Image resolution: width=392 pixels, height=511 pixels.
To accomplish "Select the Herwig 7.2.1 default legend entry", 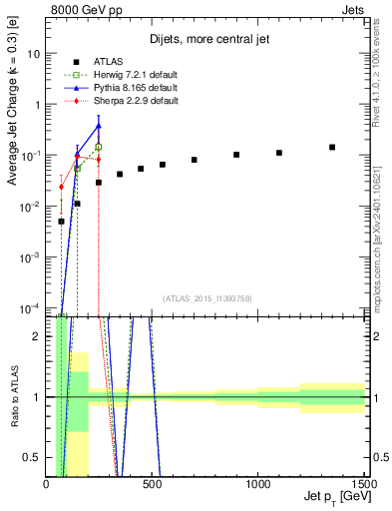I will pyautogui.click(x=130, y=75).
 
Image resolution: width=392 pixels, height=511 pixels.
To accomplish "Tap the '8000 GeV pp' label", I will pyautogui.click(x=80, y=9).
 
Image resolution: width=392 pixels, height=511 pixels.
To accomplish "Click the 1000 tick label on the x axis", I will pyautogui.click(x=258, y=484).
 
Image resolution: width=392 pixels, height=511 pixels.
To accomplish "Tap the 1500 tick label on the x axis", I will pyautogui.click(x=364, y=484).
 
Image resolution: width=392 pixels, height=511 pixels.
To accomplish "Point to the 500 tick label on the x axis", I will pyautogui.click(x=153, y=484).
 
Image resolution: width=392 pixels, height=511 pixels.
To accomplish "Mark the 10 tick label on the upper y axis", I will pyautogui.click(x=33, y=54).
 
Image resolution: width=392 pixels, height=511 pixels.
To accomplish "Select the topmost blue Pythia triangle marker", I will pyautogui.click(x=99, y=125).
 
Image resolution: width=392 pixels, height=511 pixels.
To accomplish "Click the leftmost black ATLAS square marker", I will pyautogui.click(x=61, y=222).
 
